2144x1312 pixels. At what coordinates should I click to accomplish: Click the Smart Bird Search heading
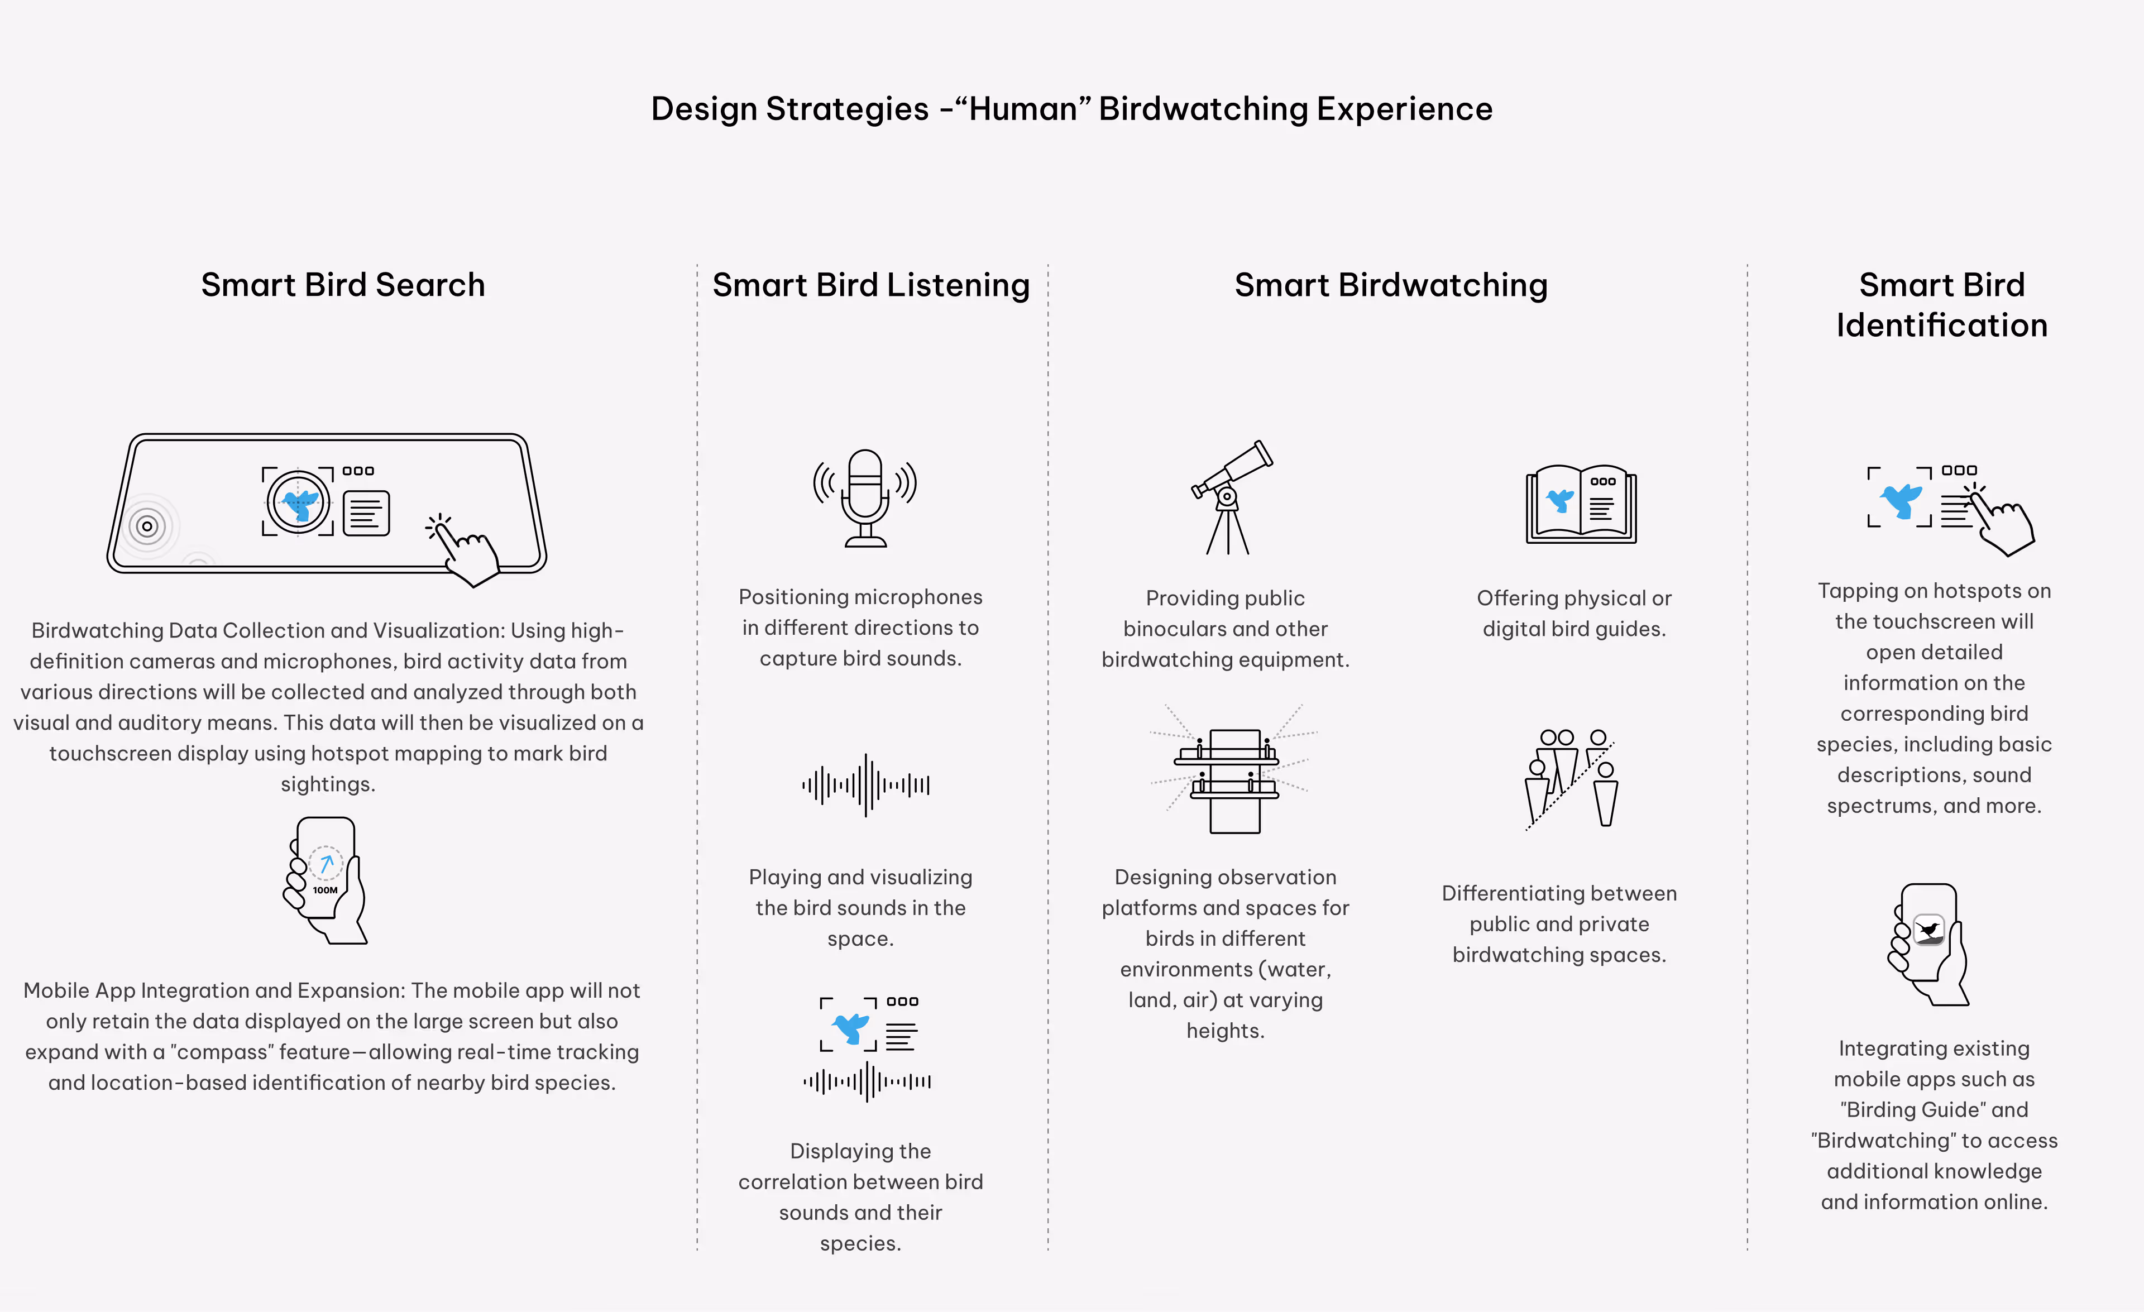point(343,285)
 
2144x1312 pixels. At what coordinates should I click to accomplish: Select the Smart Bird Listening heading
point(871,285)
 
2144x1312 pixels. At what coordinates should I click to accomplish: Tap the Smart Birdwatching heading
point(1390,285)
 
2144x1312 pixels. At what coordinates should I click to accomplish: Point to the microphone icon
point(865,497)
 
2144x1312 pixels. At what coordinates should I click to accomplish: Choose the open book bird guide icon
point(1581,504)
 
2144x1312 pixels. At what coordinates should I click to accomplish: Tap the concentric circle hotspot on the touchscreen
point(147,525)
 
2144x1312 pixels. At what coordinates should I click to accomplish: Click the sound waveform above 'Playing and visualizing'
point(866,785)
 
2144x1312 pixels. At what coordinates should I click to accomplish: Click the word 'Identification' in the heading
point(1941,325)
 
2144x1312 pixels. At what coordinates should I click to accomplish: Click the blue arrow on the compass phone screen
point(326,863)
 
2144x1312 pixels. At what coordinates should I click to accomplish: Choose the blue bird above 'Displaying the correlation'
point(851,1027)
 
